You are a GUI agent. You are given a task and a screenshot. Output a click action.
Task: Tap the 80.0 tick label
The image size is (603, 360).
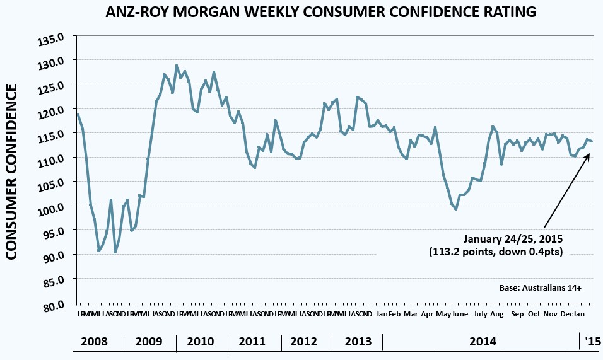pyautogui.click(x=56, y=305)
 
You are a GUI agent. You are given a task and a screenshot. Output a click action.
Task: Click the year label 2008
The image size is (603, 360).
pyautogui.click(x=94, y=342)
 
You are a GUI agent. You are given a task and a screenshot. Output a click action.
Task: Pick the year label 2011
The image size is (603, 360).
pyautogui.click(x=252, y=342)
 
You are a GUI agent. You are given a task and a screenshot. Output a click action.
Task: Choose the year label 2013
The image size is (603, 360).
pyautogui.click(x=358, y=342)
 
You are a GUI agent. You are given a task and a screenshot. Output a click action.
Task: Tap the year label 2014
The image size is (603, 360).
pyautogui.click(x=483, y=342)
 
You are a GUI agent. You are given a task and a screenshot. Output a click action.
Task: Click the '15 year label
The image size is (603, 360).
pyautogui.click(x=592, y=342)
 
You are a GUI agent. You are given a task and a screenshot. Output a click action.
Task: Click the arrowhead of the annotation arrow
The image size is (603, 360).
pyautogui.click(x=588, y=154)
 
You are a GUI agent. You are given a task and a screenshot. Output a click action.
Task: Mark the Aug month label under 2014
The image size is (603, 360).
pyautogui.click(x=496, y=314)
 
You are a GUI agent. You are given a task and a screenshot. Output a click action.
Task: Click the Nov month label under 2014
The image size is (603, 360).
pyautogui.click(x=550, y=314)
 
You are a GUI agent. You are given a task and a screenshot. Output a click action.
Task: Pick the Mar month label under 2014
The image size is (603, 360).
pyautogui.click(x=411, y=314)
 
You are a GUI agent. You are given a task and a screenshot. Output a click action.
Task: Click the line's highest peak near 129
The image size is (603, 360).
pyautogui.click(x=177, y=66)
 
